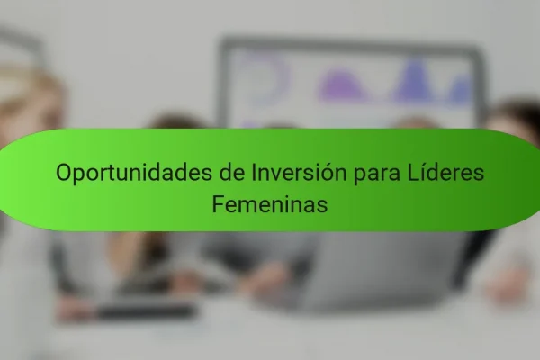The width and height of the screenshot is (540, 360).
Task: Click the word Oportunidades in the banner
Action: pyautogui.click(x=134, y=173)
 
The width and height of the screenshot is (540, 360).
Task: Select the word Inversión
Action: pyautogui.click(x=299, y=172)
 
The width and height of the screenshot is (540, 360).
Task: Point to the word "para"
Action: pyautogui.click(x=377, y=175)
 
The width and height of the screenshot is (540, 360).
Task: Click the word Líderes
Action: pyautogui.click(x=446, y=172)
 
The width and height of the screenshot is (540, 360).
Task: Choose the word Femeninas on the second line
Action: pyautogui.click(x=270, y=204)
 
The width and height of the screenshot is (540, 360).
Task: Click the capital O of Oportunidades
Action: pyautogui.click(x=64, y=172)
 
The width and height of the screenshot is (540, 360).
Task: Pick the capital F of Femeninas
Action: pyautogui.click(x=218, y=204)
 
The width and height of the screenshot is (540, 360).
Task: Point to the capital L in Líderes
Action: pyautogui.click(x=414, y=172)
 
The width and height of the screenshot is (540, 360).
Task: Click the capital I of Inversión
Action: pyautogui.click(x=254, y=172)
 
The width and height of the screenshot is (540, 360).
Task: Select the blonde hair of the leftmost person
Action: pyautogui.click(x=28, y=103)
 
